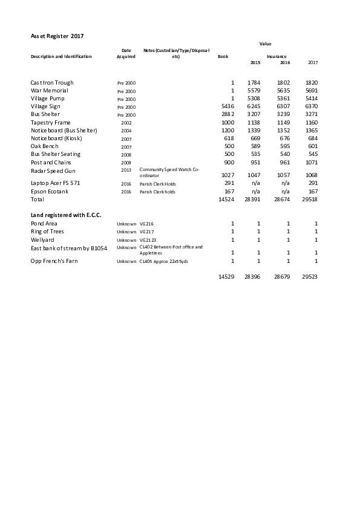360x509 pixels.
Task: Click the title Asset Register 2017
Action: (57, 36)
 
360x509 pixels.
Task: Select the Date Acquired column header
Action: (126, 53)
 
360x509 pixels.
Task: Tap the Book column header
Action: (223, 56)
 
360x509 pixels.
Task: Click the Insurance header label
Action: (277, 56)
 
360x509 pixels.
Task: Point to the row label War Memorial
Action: (50, 90)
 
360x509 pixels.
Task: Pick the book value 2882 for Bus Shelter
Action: (227, 114)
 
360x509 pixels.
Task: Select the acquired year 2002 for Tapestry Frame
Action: (126, 123)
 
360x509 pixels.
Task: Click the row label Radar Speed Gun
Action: (53, 170)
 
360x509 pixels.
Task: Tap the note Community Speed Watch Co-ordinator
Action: (169, 172)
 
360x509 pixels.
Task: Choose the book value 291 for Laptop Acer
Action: (229, 183)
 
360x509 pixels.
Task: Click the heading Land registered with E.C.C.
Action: (66, 215)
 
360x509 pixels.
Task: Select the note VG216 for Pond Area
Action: (146, 224)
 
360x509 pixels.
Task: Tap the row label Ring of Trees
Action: (47, 232)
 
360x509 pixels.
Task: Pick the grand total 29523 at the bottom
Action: (310, 276)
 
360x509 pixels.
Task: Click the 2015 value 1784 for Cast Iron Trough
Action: (254, 82)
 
